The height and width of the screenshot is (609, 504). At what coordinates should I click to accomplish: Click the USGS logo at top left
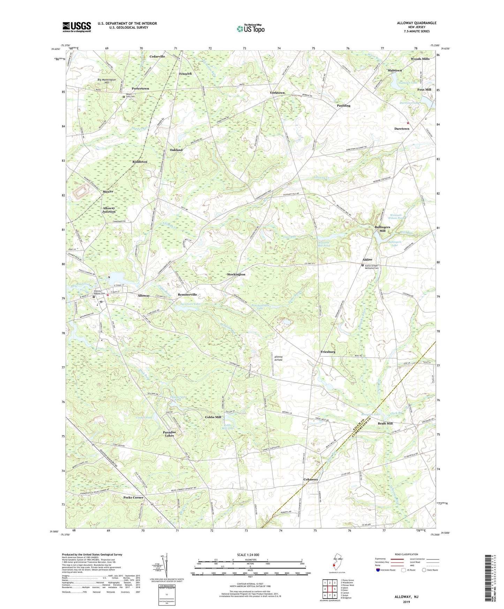[x=77, y=27]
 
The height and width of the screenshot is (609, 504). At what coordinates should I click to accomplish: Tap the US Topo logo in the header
[x=250, y=29]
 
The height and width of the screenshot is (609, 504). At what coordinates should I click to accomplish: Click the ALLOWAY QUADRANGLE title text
[x=416, y=23]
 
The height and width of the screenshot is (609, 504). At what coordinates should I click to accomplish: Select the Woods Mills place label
[x=420, y=59]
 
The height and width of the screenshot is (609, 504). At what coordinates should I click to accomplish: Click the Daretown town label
[x=401, y=129]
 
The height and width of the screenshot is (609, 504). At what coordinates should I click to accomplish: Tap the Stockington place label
[x=236, y=275]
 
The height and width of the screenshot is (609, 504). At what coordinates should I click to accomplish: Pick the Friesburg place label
[x=328, y=352]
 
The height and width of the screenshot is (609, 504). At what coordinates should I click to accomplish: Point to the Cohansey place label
[x=310, y=479]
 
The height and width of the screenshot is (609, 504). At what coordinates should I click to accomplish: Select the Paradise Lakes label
[x=170, y=434]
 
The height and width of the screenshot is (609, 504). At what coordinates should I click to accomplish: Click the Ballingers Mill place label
[x=382, y=229]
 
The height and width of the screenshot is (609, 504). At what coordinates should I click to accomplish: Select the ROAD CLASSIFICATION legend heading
[x=407, y=554]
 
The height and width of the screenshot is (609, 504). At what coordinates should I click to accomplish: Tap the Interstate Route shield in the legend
[x=378, y=570]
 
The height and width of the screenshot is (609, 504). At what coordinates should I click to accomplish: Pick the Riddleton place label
[x=140, y=162]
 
